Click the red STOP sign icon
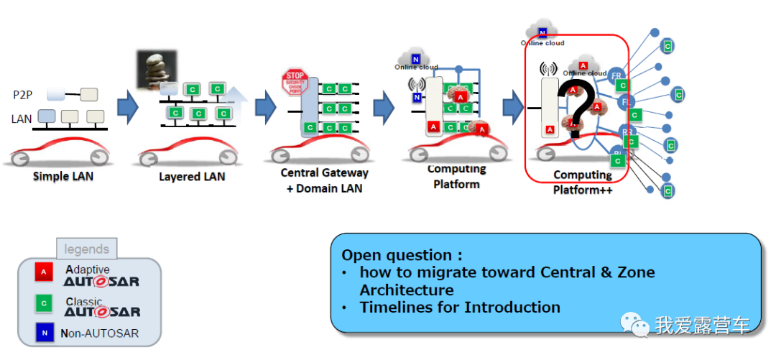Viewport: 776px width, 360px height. (294, 80)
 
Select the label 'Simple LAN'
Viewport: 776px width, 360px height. (63, 176)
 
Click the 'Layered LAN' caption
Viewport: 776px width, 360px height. (192, 176)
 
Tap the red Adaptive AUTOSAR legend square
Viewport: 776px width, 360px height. (44, 272)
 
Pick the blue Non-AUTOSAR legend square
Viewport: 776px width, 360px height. (44, 333)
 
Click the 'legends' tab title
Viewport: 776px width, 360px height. (87, 249)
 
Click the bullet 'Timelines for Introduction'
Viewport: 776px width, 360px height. (460, 307)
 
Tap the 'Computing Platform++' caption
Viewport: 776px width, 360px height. (582, 182)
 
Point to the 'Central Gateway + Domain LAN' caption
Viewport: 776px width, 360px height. (324, 180)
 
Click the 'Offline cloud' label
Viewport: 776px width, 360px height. (585, 73)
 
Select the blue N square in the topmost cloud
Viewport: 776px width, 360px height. (543, 32)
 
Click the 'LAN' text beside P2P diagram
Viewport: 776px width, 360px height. (22, 119)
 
